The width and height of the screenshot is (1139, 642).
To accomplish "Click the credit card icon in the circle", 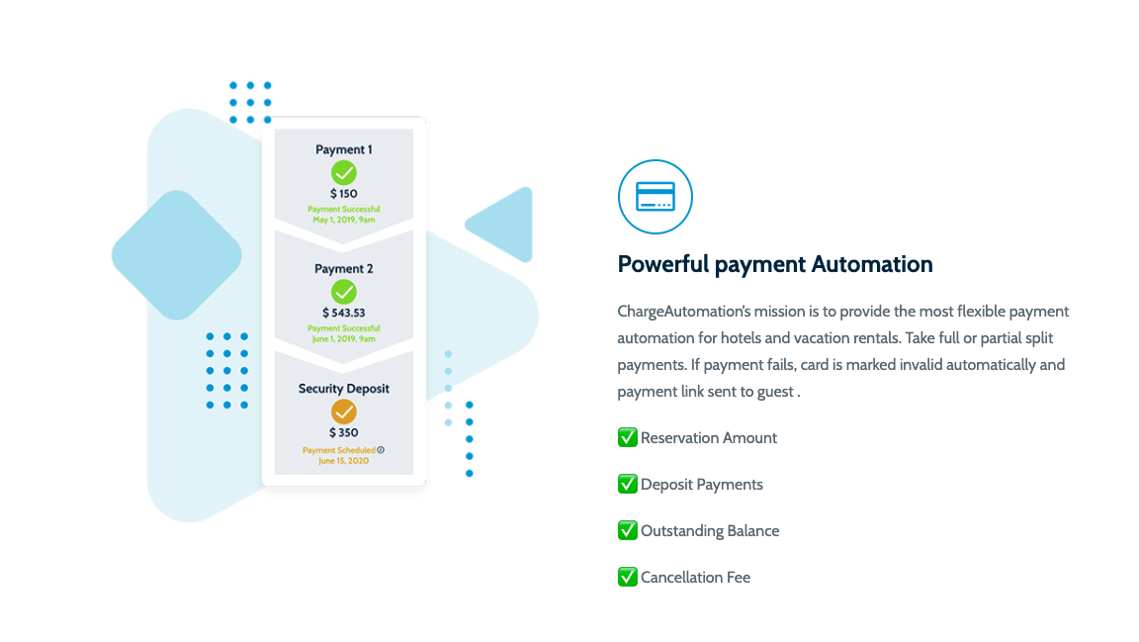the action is [656, 196].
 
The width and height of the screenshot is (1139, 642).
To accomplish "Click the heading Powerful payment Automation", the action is [775, 264].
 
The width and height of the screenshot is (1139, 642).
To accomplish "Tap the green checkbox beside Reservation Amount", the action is [628, 437].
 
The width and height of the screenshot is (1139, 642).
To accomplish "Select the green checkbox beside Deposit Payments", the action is [628, 484].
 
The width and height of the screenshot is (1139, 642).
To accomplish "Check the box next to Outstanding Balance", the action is [628, 530].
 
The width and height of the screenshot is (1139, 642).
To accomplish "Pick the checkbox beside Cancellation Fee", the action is [628, 577].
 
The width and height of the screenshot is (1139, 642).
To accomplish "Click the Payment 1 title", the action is [344, 149].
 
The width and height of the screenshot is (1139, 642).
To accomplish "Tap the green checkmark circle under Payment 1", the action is [344, 173].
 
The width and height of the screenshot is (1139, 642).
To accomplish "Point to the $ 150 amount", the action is [344, 194].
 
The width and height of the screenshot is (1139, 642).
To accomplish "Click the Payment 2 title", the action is [344, 268].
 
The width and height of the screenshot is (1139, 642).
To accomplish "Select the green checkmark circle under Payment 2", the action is [344, 292].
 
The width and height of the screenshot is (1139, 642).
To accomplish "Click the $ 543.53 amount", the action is [344, 313].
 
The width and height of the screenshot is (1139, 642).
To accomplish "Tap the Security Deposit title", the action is [344, 388].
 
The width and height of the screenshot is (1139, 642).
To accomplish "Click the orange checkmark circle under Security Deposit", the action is [344, 412].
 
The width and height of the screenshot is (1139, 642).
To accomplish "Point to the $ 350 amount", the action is [344, 432].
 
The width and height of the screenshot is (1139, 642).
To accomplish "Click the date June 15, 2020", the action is [344, 461].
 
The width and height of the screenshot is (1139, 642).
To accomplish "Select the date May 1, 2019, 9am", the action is [344, 220].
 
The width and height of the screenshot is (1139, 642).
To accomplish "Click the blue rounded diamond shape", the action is [177, 255].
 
